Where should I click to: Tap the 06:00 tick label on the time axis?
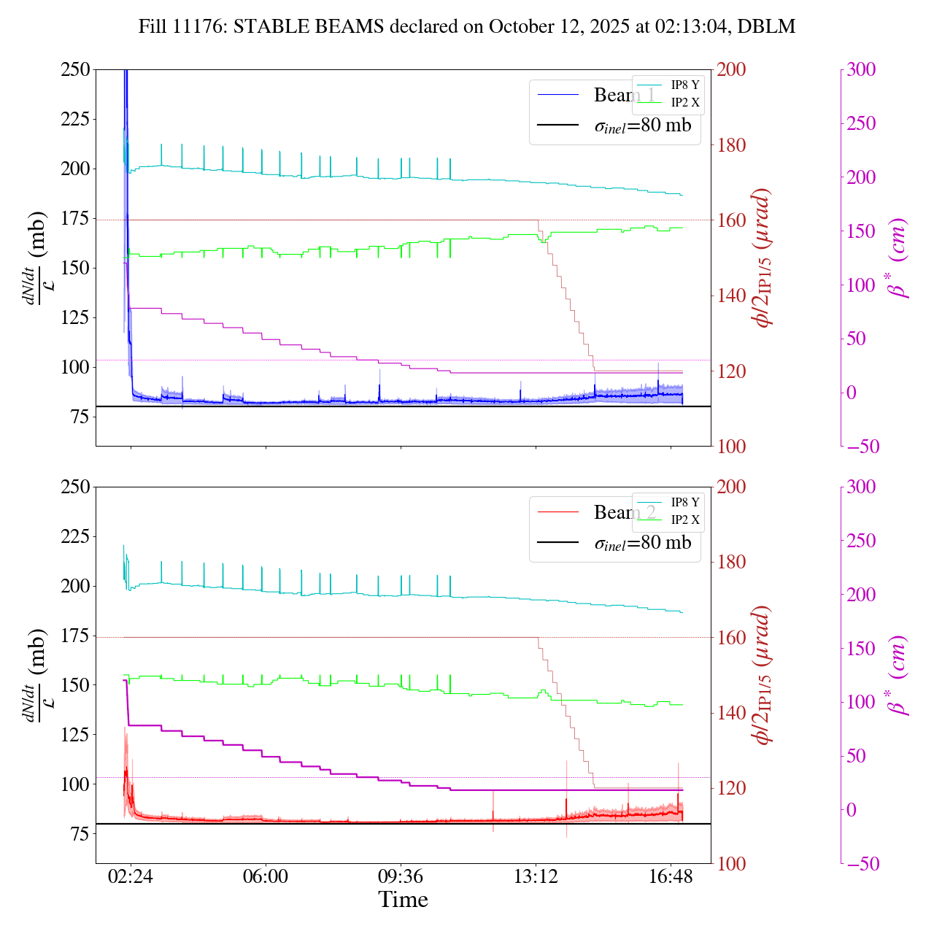pos(266,876)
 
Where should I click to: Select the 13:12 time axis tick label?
pos(536,876)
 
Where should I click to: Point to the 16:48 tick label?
pos(671,876)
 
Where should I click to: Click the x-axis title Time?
pos(403,900)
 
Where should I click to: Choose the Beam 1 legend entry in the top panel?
pos(624,95)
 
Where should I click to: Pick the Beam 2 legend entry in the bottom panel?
pos(624,512)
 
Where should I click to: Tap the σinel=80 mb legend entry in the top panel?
pos(642,126)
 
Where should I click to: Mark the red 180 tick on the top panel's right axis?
pos(732,145)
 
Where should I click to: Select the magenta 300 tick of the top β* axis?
pos(861,70)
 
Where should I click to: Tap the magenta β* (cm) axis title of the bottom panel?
pos(899,675)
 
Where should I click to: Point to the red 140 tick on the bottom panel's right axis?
pos(732,713)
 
